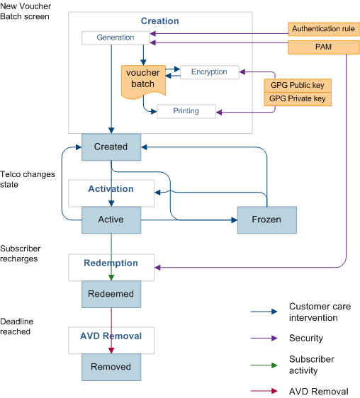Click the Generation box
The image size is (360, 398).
tap(116, 38)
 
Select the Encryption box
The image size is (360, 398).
tap(209, 72)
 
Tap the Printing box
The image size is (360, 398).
tap(186, 111)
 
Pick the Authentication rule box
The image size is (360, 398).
tap(324, 30)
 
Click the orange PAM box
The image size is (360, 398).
tap(324, 47)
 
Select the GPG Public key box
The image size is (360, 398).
tap(298, 85)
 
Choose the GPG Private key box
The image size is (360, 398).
tap(298, 99)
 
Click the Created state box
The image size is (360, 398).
tap(111, 147)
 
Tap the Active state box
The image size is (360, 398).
tap(111, 220)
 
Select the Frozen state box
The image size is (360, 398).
tap(266, 220)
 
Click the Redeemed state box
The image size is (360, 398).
tap(111, 293)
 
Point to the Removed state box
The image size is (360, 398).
tap(111, 367)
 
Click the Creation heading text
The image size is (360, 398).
tap(160, 21)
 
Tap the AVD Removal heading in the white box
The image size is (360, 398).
tap(111, 336)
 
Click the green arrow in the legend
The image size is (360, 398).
tap(264, 366)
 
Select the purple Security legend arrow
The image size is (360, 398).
tap(264, 339)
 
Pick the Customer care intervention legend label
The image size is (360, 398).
tap(320, 312)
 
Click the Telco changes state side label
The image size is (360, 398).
tap(28, 179)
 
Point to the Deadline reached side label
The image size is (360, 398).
tap(17, 326)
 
